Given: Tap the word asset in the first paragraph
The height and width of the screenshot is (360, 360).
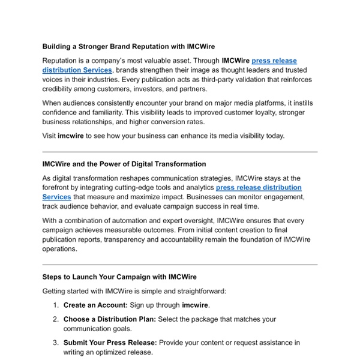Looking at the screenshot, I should (203, 61).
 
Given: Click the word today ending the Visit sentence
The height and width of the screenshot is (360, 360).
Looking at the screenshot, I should (273, 136).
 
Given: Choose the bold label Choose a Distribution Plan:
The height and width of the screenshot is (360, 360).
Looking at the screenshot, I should (110, 319).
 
